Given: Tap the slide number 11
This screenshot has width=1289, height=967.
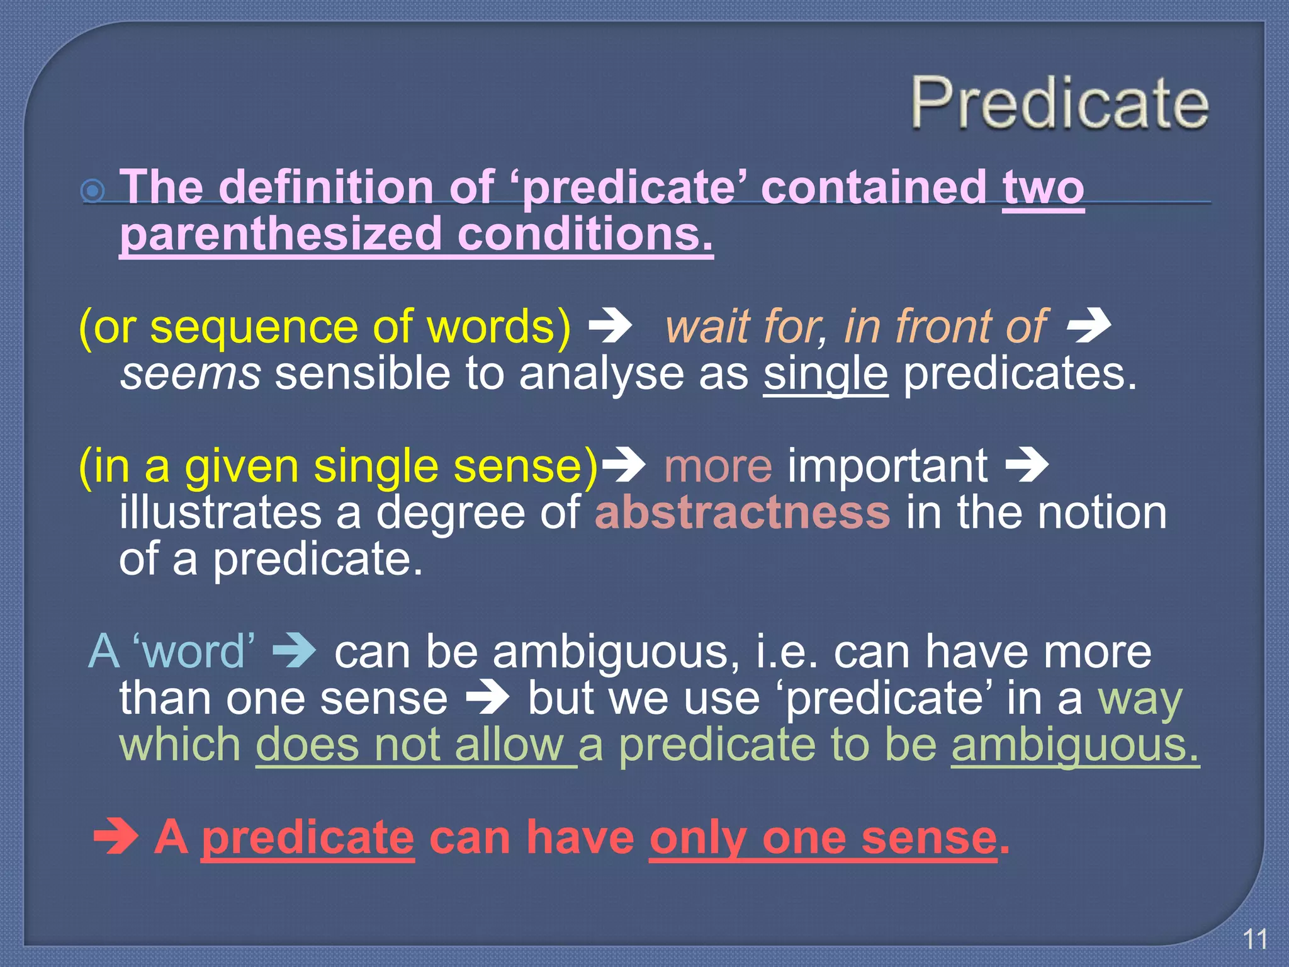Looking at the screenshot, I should coord(1255,939).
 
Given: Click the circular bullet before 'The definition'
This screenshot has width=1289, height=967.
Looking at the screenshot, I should coord(93,190).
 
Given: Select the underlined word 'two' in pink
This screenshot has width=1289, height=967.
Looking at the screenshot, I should coord(1044,188).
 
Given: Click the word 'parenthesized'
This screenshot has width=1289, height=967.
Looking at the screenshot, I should coord(281,234).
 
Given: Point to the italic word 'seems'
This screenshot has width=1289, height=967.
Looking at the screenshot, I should coord(190,373).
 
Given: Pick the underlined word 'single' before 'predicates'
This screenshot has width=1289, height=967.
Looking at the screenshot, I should coord(825,373).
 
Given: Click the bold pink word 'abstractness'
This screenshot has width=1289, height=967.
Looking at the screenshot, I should coord(742,512).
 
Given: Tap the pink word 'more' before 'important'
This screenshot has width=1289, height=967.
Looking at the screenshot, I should coord(718,466).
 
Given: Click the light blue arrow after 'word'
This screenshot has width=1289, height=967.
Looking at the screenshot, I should coord(294,651).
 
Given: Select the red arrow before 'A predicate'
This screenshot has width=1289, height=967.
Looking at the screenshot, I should coord(116,837).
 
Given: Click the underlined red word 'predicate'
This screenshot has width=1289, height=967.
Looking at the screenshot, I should coord(308,838).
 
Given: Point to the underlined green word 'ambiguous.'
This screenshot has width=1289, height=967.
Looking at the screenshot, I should coord(1075,745).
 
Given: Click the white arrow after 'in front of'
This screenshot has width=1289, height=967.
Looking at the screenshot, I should coord(1089,327).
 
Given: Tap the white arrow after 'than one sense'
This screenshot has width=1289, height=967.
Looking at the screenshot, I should coord(487,698).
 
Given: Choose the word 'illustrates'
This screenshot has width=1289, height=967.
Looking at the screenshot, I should coord(220,512).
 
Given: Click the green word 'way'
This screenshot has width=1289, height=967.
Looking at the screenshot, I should coord(1140,698).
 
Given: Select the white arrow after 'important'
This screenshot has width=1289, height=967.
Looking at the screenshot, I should coord(1027,466).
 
